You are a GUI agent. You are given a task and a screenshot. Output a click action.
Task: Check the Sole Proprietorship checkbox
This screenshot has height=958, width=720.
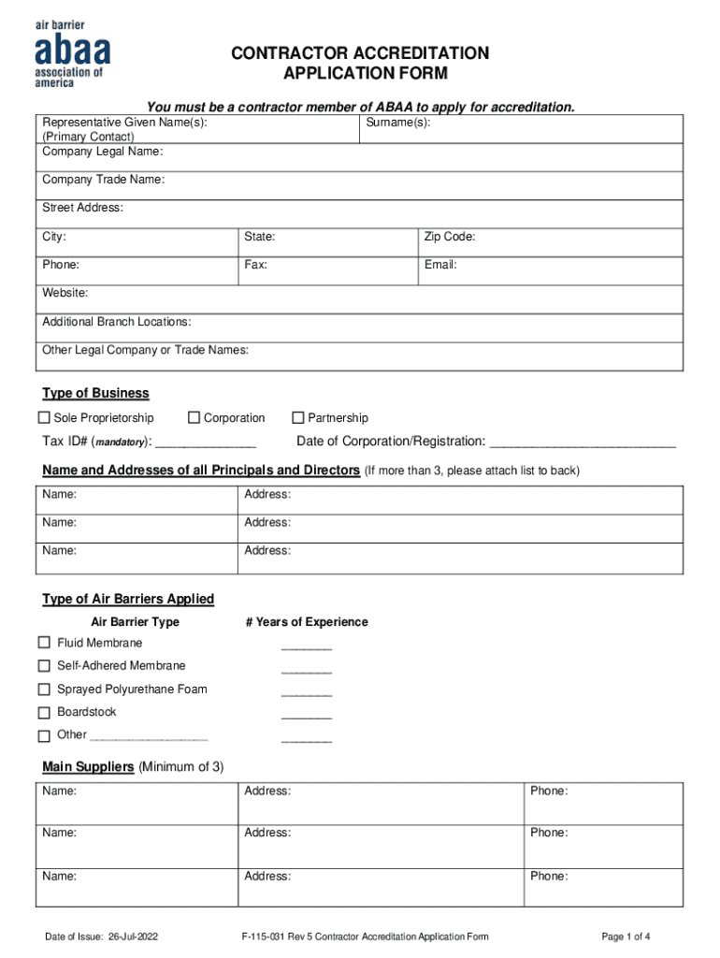[x=44, y=418]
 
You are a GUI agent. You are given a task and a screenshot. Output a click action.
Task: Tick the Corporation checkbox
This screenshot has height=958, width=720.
[x=194, y=418]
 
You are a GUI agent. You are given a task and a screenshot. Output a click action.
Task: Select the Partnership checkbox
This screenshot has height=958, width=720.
[x=298, y=418]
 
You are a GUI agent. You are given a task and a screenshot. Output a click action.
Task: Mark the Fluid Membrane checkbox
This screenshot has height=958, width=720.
[x=44, y=643]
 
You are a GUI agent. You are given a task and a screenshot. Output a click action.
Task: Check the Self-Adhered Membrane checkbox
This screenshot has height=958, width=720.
[x=44, y=666]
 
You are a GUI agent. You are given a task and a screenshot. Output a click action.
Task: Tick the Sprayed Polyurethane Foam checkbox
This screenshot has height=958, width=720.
[x=44, y=689]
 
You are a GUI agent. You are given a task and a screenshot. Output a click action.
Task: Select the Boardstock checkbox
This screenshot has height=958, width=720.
[x=44, y=713]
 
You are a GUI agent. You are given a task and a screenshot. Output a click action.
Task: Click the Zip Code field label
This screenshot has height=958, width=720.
[x=450, y=238]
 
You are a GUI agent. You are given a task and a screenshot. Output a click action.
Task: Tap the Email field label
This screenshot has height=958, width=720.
[x=440, y=266]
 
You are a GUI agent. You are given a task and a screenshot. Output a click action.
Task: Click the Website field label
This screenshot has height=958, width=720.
[x=65, y=294]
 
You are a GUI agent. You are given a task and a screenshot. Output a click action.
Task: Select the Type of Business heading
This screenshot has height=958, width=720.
[x=95, y=394]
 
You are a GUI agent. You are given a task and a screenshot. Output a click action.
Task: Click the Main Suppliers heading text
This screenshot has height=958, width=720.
[x=89, y=767]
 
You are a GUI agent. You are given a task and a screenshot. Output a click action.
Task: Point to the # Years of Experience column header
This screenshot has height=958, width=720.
[x=307, y=622]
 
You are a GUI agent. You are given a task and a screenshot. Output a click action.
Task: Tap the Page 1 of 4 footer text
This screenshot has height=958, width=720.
[x=626, y=936]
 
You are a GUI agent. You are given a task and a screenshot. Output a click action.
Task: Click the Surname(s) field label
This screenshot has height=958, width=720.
[x=398, y=123]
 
